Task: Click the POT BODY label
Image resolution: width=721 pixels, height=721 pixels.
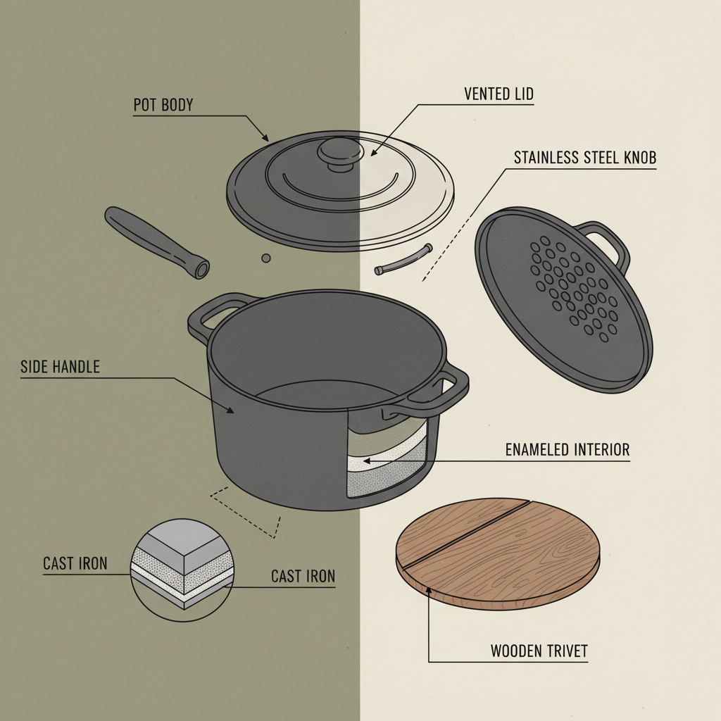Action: click(x=163, y=106)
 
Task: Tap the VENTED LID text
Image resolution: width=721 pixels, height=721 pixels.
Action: click(x=498, y=94)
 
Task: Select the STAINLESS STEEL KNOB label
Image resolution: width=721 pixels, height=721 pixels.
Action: click(x=584, y=158)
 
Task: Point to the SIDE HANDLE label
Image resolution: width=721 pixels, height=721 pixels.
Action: click(x=61, y=366)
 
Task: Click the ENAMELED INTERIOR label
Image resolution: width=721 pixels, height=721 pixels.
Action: click(x=568, y=449)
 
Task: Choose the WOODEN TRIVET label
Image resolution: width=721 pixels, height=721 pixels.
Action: click(x=539, y=651)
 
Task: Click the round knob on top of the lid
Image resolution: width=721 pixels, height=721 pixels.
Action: click(x=337, y=153)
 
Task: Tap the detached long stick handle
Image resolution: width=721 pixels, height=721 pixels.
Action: click(x=155, y=241)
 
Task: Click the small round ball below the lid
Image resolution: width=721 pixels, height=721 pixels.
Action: click(x=265, y=258)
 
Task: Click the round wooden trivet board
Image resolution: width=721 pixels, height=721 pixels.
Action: click(x=497, y=553)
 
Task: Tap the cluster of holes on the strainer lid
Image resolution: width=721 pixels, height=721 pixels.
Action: click(x=572, y=285)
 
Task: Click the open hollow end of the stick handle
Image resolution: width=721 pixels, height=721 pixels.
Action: click(x=203, y=269)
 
